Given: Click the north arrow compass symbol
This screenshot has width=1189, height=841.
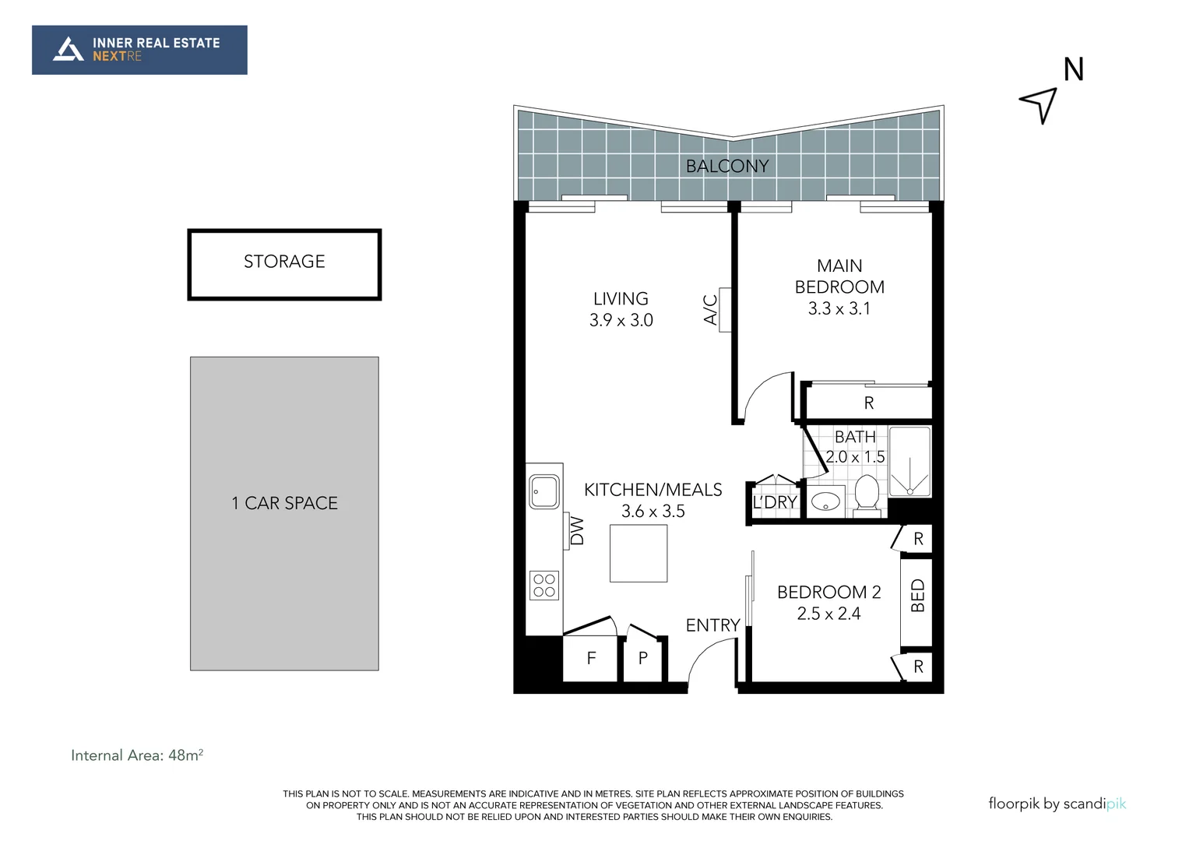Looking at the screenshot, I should point(1040,104).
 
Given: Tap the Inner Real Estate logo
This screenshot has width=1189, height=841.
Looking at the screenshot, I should point(139,50).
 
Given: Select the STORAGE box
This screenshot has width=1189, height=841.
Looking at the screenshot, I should point(284,264).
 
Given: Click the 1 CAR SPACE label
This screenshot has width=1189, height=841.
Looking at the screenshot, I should point(284,503).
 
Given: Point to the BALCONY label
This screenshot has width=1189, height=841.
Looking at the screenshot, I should point(726,166).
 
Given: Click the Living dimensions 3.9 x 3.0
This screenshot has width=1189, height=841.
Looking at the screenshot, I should point(621,320).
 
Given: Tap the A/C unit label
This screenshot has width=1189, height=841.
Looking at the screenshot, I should point(710,309).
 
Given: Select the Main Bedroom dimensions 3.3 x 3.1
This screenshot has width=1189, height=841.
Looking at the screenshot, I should point(839,308).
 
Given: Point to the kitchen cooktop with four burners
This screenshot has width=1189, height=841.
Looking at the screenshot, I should point(544,586).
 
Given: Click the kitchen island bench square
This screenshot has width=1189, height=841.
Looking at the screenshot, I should point(638,553).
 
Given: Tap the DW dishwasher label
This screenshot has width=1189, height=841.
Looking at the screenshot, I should point(577,530).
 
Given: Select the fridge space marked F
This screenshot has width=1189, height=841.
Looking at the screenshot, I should point(591,659).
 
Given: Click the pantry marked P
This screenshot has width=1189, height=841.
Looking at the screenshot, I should point(643,659).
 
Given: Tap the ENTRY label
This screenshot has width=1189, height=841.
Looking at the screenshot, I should point(712,625).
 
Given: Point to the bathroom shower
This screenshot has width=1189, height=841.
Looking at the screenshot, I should point(909,462).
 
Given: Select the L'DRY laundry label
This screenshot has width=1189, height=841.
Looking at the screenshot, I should point(774,503).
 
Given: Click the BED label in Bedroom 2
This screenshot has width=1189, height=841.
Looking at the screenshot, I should point(917,596).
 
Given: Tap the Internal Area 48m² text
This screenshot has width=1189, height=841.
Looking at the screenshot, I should point(137,755).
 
